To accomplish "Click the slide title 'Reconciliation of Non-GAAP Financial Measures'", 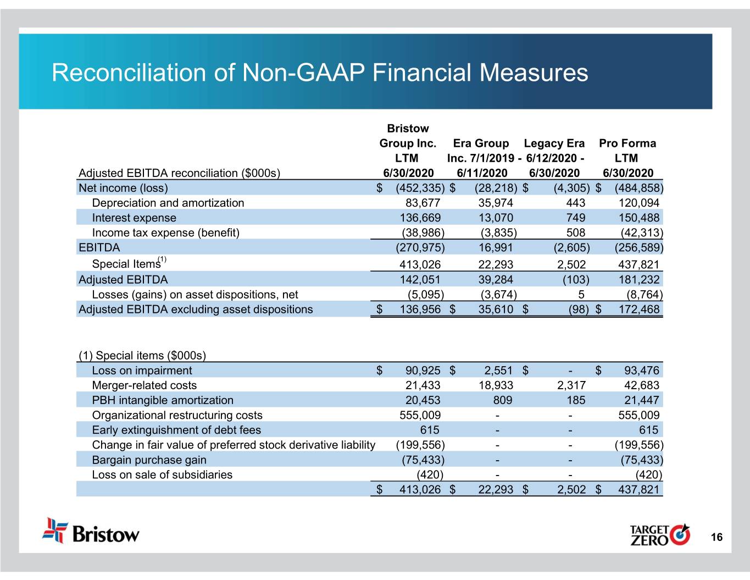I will coord(320,73).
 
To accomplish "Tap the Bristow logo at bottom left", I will coord(91,531).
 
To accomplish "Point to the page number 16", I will coord(716,538).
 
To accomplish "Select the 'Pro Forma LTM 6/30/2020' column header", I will coord(627,158).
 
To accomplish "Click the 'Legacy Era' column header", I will coord(554,143).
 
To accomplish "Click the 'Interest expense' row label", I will coord(134,218).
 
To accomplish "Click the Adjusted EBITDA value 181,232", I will coord(638,279).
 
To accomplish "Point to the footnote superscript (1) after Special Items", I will coord(162,259).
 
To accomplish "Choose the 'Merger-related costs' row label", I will coord(144,385).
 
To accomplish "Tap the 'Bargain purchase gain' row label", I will coord(149,460).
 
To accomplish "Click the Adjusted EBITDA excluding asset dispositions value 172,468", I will coord(638,309).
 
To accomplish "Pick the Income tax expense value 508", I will coord(575,233).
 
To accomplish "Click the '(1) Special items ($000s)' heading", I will coord(142,355).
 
